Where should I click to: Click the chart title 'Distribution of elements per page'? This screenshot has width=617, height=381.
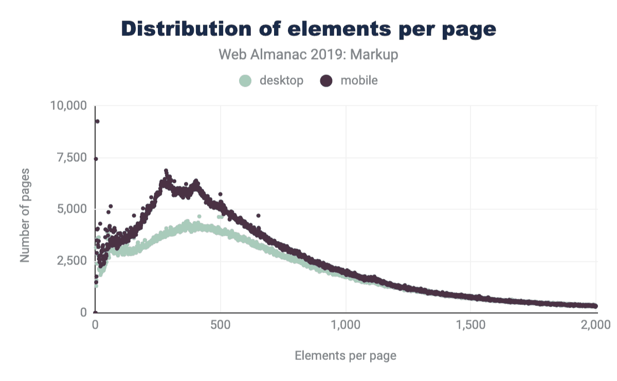[x=308, y=29]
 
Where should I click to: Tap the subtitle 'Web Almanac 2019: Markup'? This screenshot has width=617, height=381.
[x=308, y=55]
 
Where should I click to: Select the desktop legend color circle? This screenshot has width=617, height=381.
[x=246, y=81]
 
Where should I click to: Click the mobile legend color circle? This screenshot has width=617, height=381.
[x=326, y=81]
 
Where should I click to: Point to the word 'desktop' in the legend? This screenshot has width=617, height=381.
[x=281, y=81]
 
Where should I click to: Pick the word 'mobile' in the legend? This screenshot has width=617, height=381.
[x=359, y=81]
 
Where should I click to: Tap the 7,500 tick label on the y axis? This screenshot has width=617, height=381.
[x=72, y=158]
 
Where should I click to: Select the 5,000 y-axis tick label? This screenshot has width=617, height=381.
[x=72, y=209]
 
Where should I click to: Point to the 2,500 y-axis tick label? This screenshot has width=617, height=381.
[x=72, y=261]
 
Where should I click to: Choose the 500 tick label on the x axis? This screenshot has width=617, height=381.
[x=221, y=325]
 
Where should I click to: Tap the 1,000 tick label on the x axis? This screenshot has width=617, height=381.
[x=346, y=325]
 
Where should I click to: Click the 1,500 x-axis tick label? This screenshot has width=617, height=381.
[x=471, y=325]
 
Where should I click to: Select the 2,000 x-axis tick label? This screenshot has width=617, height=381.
[x=596, y=325]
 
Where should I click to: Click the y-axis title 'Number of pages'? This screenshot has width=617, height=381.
[x=25, y=215]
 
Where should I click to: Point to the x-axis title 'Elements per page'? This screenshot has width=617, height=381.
[x=346, y=355]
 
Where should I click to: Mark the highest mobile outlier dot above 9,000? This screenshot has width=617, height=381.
[x=97, y=121]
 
